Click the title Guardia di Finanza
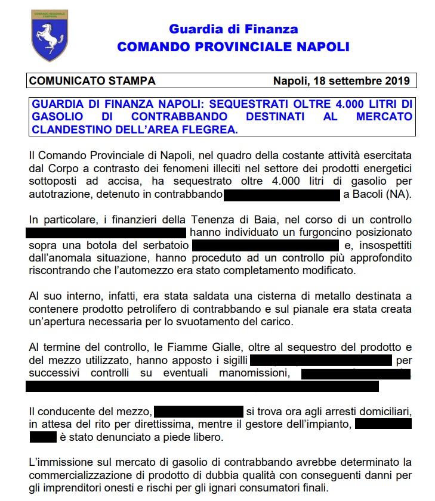(233, 29)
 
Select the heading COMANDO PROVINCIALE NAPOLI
(233, 47)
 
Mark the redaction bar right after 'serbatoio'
(266, 244)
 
